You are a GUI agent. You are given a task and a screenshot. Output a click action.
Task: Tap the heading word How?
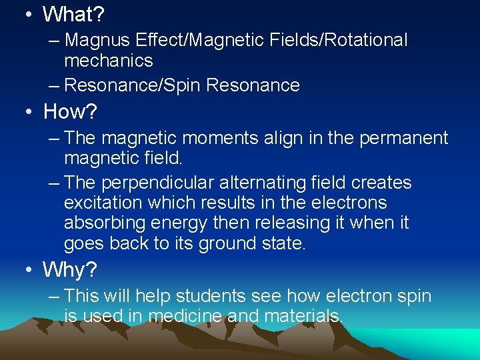(70, 111)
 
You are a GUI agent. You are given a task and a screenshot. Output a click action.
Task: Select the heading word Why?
(70, 269)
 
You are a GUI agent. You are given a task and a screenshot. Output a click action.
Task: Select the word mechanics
(109, 61)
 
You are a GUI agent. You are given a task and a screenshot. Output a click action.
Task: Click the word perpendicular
(149, 183)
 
